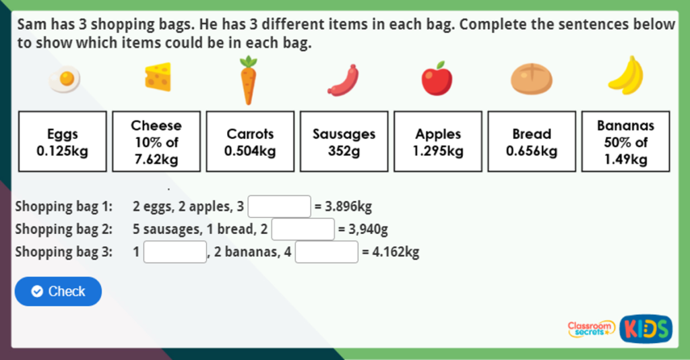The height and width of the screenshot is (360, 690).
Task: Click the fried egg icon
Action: click(65, 80)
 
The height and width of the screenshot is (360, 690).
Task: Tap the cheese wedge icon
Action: click(158, 77)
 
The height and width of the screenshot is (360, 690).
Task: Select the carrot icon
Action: click(249, 80)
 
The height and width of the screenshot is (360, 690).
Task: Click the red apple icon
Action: click(437, 79)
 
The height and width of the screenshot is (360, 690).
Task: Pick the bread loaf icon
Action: click(531, 80)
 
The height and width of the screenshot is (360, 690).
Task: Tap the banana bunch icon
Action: click(626, 76)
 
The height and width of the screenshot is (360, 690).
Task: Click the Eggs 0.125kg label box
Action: click(63, 142)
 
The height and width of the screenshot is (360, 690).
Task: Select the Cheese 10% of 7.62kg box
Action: click(156, 142)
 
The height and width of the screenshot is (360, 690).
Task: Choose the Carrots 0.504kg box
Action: click(250, 142)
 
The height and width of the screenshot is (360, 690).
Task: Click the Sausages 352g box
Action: click(344, 142)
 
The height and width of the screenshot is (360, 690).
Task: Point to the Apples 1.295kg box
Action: click(438, 142)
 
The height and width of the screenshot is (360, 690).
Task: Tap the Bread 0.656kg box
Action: click(532, 142)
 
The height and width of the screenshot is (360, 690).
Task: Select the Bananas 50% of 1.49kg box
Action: click(625, 142)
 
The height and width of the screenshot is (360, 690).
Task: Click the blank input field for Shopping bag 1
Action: click(280, 206)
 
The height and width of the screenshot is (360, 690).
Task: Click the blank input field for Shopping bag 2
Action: click(303, 229)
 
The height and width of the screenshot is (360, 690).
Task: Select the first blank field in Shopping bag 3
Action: click(175, 252)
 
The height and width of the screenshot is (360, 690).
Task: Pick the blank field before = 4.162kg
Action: click(327, 252)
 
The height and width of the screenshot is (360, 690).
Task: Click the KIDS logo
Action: click(646, 328)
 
